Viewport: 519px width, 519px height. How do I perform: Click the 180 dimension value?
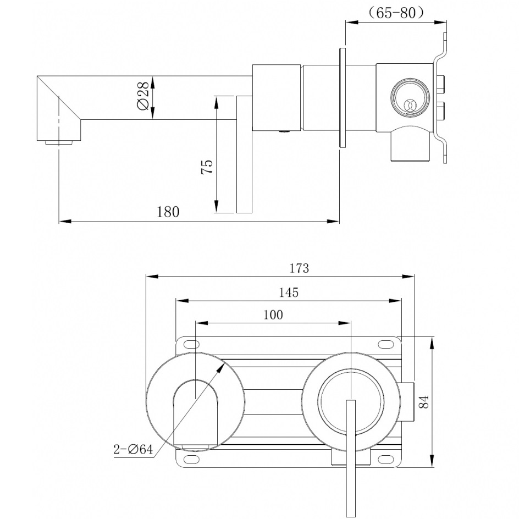168,212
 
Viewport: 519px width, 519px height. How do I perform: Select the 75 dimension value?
207,166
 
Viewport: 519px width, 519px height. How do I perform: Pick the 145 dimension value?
288,292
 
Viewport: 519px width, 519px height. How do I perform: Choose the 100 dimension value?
273,314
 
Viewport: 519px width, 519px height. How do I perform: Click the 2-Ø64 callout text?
133,449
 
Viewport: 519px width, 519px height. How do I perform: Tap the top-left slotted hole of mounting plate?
191,345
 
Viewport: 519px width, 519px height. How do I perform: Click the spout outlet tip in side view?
58,142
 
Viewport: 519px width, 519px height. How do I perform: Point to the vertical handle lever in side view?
244,154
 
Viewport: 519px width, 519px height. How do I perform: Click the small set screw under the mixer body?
284,131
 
